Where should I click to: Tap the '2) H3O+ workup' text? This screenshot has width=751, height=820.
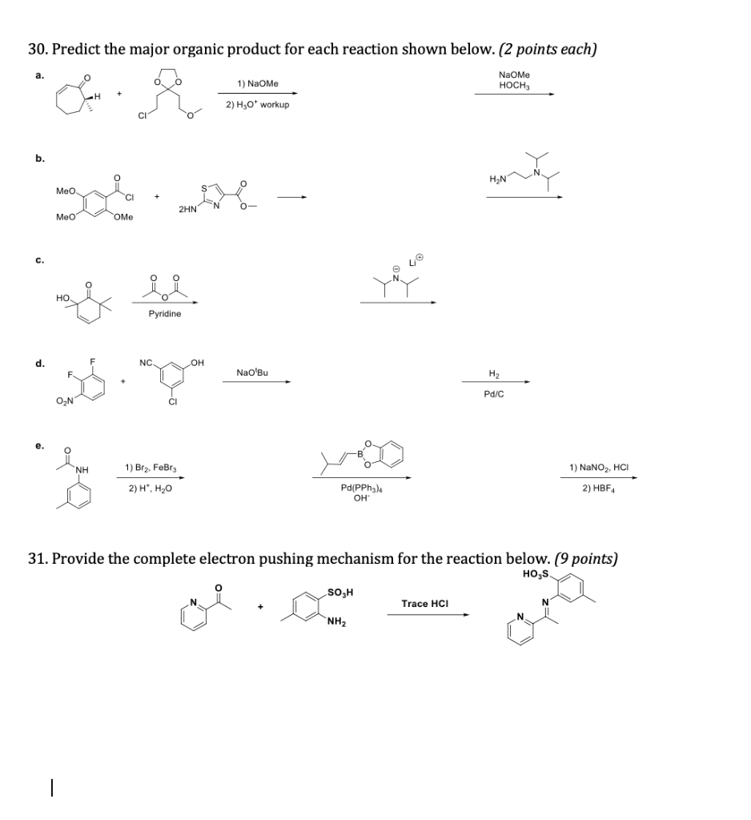[257, 105]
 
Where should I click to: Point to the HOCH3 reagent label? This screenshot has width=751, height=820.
[514, 85]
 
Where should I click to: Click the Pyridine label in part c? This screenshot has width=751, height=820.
[165, 314]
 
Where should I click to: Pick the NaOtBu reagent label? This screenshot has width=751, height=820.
[252, 372]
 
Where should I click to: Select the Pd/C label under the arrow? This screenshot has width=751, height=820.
[494, 394]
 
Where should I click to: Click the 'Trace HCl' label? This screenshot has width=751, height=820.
[425, 603]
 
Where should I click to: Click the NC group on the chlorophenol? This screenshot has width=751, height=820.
[146, 364]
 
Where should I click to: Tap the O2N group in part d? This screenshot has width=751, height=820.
[65, 402]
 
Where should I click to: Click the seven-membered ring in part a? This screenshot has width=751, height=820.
[70, 100]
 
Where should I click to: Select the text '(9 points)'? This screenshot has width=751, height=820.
[586, 558]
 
